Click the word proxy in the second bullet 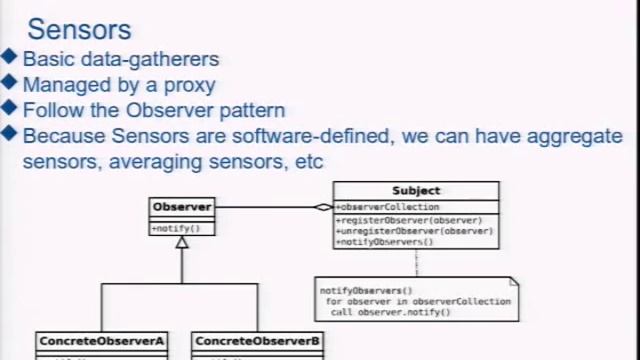pyautogui.click(x=190, y=85)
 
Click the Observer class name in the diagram pyautogui.click(x=181, y=207)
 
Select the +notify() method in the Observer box pyautogui.click(x=176, y=228)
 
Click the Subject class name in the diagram pyautogui.click(x=416, y=190)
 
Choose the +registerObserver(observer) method pyautogui.click(x=410, y=220)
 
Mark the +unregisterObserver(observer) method pyautogui.click(x=415, y=231)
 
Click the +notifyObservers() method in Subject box pyautogui.click(x=385, y=242)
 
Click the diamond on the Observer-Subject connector pyautogui.click(x=323, y=207)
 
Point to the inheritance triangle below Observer pyautogui.click(x=182, y=242)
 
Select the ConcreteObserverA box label pyautogui.click(x=101, y=341)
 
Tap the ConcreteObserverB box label pyautogui.click(x=257, y=341)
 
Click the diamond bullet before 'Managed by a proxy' pyautogui.click(x=10, y=84)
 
